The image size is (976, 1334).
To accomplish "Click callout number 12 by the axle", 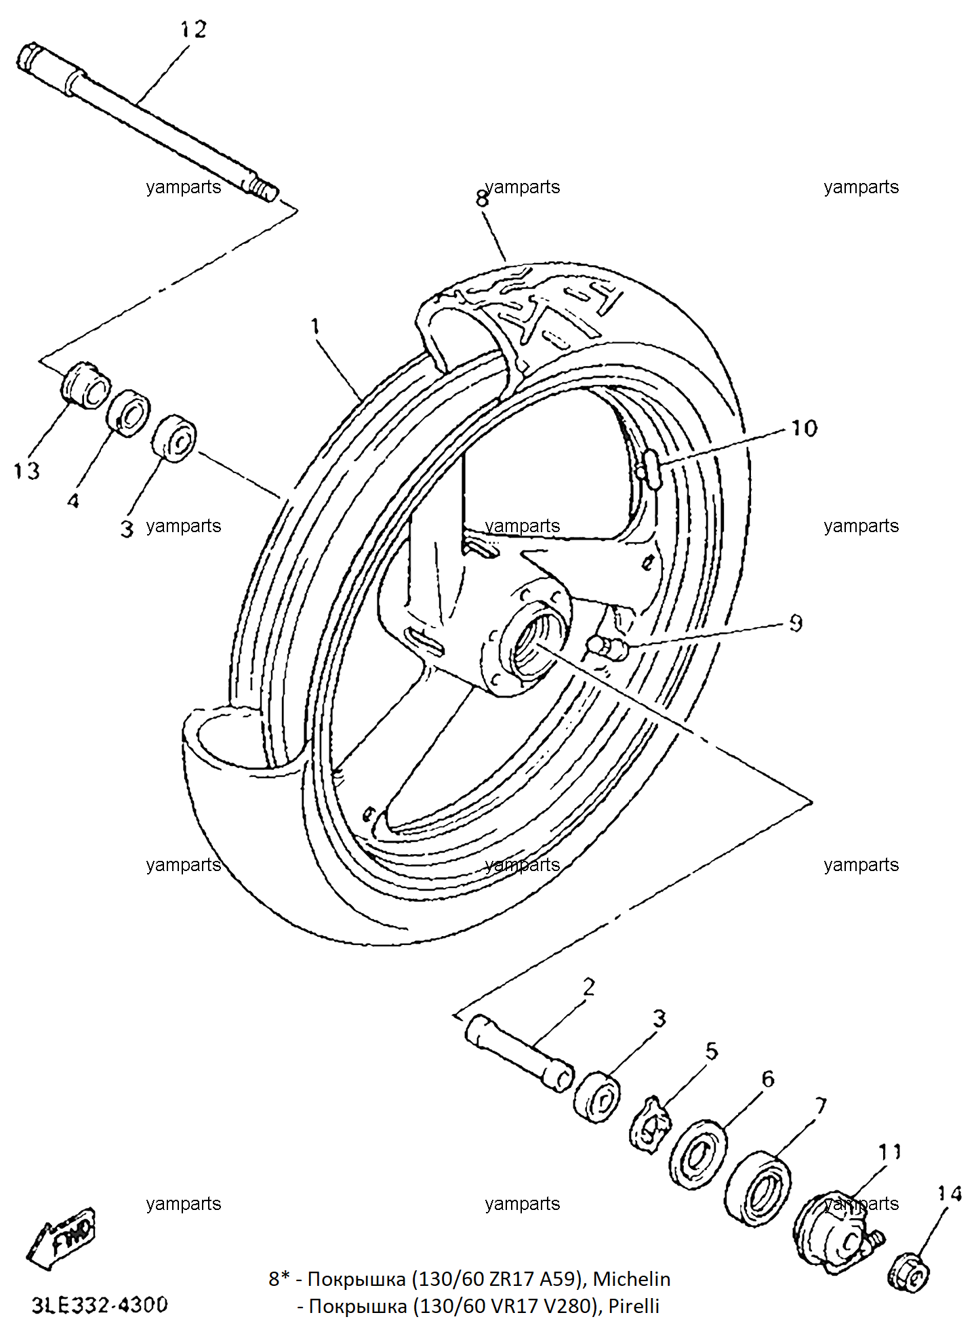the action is click(x=193, y=29).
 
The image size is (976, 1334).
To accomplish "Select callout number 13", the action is click(x=26, y=470).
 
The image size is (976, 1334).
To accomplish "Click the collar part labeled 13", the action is click(x=85, y=384).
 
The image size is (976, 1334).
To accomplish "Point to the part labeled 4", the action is click(x=129, y=413).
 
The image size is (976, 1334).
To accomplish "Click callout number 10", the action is click(x=805, y=428).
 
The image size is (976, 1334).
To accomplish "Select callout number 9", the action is click(x=796, y=623).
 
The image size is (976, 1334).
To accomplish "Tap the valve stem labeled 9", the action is click(x=608, y=647).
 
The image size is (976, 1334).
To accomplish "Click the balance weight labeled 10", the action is click(x=651, y=468).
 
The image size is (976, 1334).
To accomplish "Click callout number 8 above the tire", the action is click(x=482, y=199).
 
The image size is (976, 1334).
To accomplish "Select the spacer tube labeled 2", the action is click(x=520, y=1053).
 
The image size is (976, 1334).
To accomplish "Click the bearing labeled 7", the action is click(x=758, y=1188).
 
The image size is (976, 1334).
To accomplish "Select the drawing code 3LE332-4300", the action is click(x=100, y=1306).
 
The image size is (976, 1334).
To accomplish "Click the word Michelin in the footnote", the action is click(x=632, y=1279).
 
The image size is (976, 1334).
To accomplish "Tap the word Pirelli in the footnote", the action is click(x=634, y=1306).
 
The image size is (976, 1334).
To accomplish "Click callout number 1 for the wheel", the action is click(x=315, y=326).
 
